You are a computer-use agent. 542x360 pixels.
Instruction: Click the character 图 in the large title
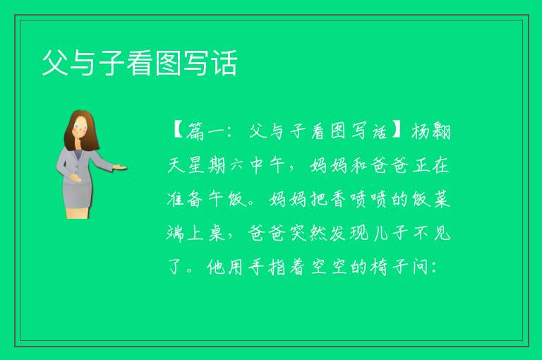[168, 63]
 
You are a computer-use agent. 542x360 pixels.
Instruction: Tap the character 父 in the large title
[55, 63]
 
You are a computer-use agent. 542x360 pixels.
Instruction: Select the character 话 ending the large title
[224, 63]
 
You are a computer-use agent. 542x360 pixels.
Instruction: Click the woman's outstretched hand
[120, 167]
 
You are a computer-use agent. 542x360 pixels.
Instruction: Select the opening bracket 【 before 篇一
[177, 131]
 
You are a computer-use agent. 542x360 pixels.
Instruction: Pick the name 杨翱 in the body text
[430, 131]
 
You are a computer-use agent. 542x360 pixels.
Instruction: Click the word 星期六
[217, 165]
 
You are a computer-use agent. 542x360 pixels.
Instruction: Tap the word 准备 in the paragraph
[184, 199]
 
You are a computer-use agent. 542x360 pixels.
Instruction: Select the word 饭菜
[431, 199]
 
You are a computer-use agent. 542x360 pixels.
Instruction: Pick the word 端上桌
[195, 233]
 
